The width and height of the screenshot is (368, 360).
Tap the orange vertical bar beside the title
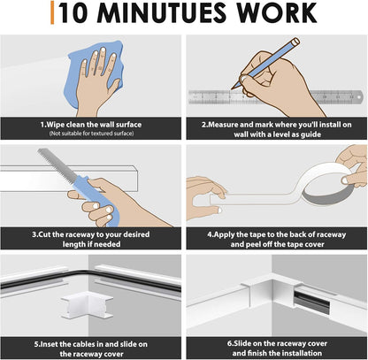click(52, 12)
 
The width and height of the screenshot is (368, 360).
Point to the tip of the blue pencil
click(233, 88)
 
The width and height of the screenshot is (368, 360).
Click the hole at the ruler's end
click(359, 96)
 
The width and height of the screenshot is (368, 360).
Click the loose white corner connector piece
click(88, 305)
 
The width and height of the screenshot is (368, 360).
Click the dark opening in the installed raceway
click(311, 300)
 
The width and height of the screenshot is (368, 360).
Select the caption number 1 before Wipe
click(42, 125)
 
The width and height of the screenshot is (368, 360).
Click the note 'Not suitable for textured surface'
click(91, 134)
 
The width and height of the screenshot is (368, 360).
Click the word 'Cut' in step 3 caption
click(44, 234)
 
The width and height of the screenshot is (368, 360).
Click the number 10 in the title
click(73, 12)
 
